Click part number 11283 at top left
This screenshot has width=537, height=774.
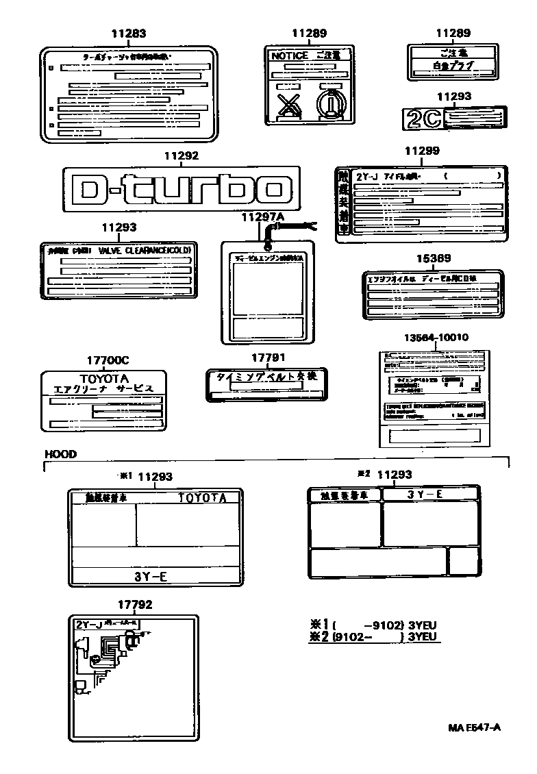click(x=129, y=33)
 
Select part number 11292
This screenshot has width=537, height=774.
click(x=181, y=156)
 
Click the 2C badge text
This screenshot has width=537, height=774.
click(x=424, y=119)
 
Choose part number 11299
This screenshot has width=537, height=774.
click(x=422, y=151)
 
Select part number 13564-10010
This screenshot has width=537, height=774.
click(x=436, y=338)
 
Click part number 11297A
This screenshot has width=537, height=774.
click(x=262, y=216)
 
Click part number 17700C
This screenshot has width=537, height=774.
click(x=103, y=359)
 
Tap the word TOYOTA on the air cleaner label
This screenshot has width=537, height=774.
click(x=103, y=378)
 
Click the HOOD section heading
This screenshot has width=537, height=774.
click(x=60, y=453)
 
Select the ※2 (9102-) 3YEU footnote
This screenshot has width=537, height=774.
click(x=373, y=636)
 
